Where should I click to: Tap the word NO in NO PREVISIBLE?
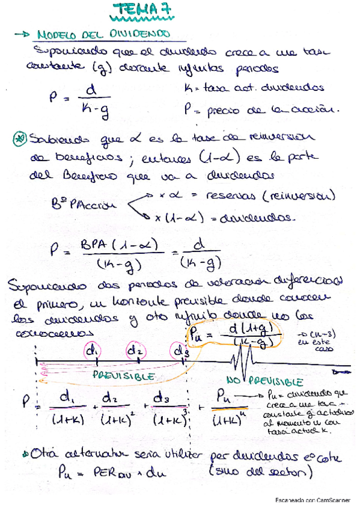click(235, 381)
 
